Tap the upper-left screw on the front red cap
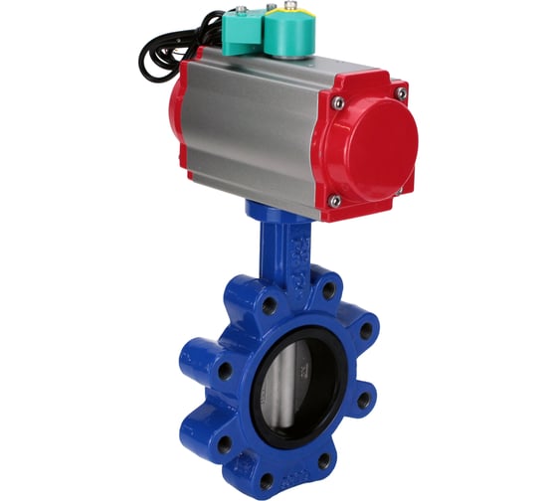(x=339, y=103)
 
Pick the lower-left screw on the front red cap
(x=335, y=201)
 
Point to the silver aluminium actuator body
(x=254, y=124)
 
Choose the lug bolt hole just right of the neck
(x=328, y=291)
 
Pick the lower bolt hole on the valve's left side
(x=221, y=444)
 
